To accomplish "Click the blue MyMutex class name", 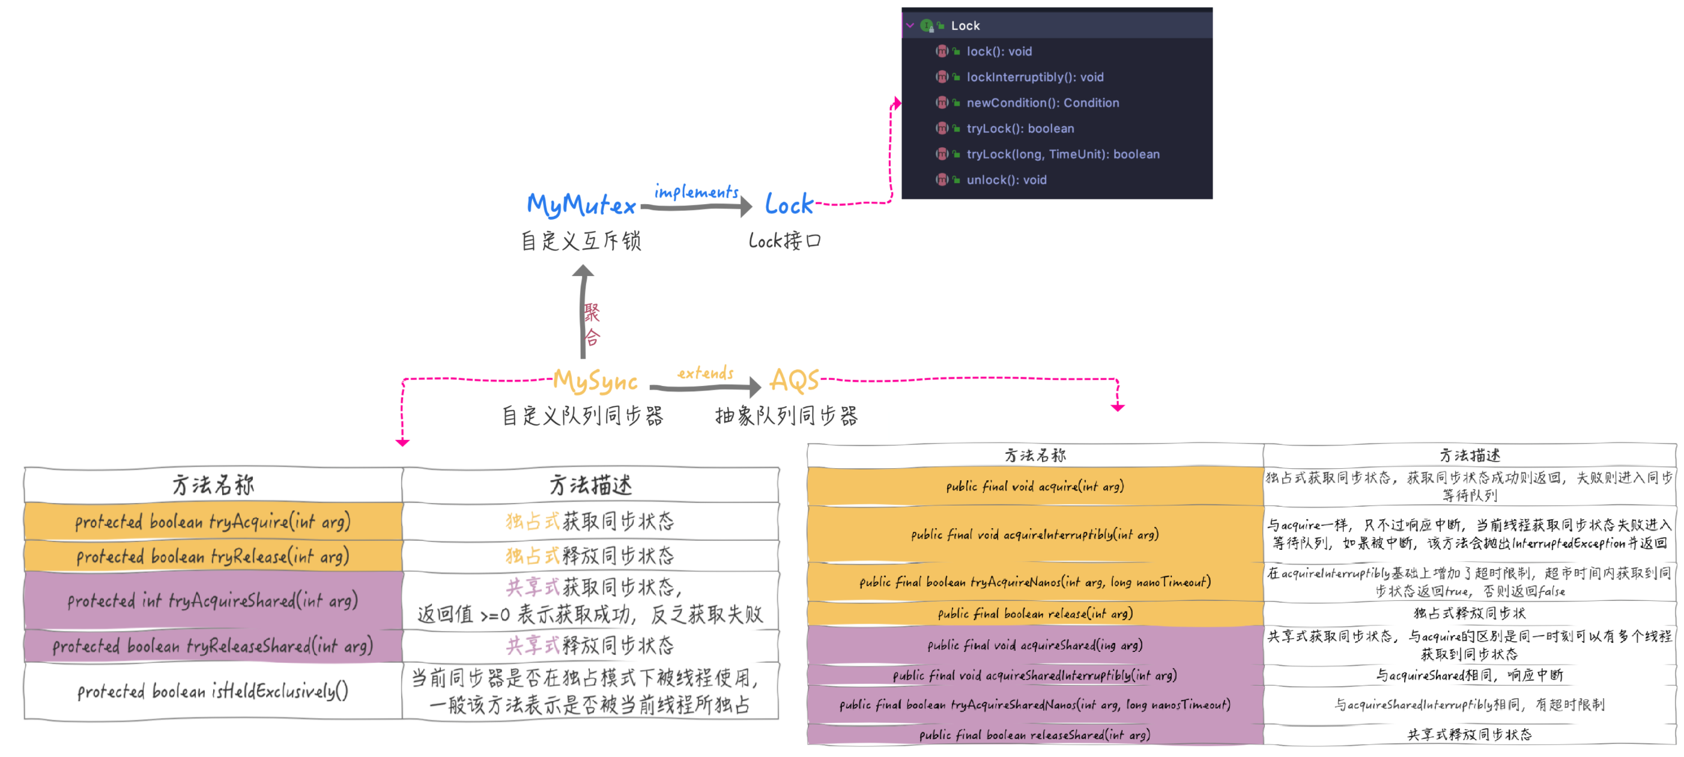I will click(581, 205).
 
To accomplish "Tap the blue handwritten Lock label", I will click(789, 205).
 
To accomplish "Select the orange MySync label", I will click(595, 381).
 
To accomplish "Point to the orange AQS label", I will click(793, 380).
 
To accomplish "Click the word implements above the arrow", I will click(696, 192).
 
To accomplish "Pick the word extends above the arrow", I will click(706, 373).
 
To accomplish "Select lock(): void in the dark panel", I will click(999, 51).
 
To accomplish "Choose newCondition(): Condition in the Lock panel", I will click(1043, 103).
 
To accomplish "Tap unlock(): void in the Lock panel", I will click(1006, 179).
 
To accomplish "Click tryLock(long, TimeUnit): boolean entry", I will click(1063, 154).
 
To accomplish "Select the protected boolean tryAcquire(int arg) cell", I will click(213, 522).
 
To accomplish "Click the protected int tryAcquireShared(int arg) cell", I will click(213, 601).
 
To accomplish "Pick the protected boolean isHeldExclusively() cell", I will click(213, 691).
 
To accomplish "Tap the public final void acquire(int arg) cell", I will click(1035, 486).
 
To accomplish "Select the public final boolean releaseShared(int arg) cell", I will click(1035, 735).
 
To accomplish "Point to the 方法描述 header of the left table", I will click(590, 485).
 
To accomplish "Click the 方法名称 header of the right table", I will click(1035, 455).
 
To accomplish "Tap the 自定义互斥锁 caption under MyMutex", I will click(581, 241).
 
